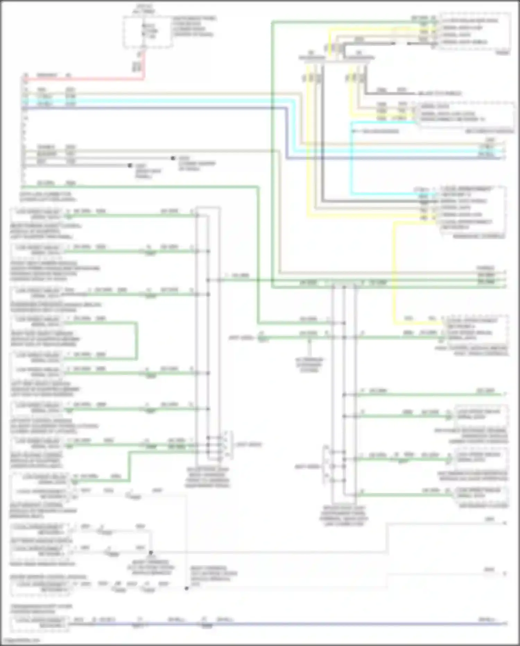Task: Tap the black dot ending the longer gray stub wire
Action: (x=173, y=158)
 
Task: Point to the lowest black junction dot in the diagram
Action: (x=187, y=588)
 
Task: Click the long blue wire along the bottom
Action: (x=277, y=624)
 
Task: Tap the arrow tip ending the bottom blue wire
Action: (x=505, y=624)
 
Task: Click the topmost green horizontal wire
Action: (x=347, y=22)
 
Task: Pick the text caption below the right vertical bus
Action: (x=344, y=516)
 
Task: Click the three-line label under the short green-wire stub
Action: (x=309, y=365)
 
